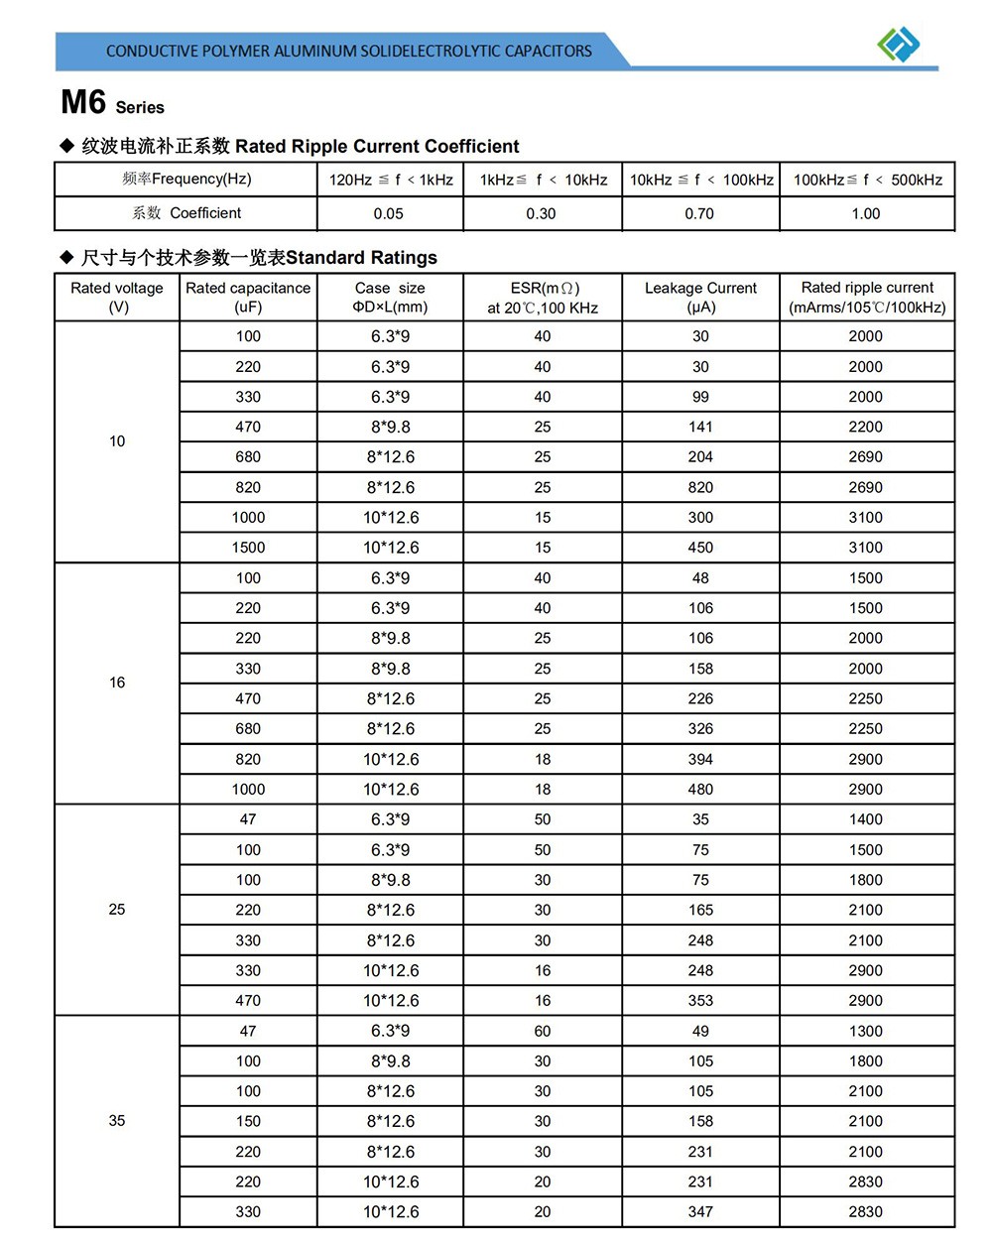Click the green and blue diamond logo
tap(899, 44)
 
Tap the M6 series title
tap(112, 103)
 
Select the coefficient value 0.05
tap(389, 213)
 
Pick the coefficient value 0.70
tap(699, 213)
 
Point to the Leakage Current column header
tap(700, 298)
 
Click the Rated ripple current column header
tap(867, 298)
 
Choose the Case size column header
tap(390, 298)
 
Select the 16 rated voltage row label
tap(117, 683)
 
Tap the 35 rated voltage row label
tap(117, 1121)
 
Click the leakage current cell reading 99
tap(700, 397)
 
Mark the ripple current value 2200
tap(865, 427)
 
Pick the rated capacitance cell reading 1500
tap(248, 548)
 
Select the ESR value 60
tap(543, 1031)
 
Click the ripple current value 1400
tap(865, 819)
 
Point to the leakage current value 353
tap(700, 1000)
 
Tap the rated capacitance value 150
tap(248, 1121)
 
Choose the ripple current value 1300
tap(865, 1031)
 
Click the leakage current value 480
tap(700, 790)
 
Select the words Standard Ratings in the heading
tap(361, 258)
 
